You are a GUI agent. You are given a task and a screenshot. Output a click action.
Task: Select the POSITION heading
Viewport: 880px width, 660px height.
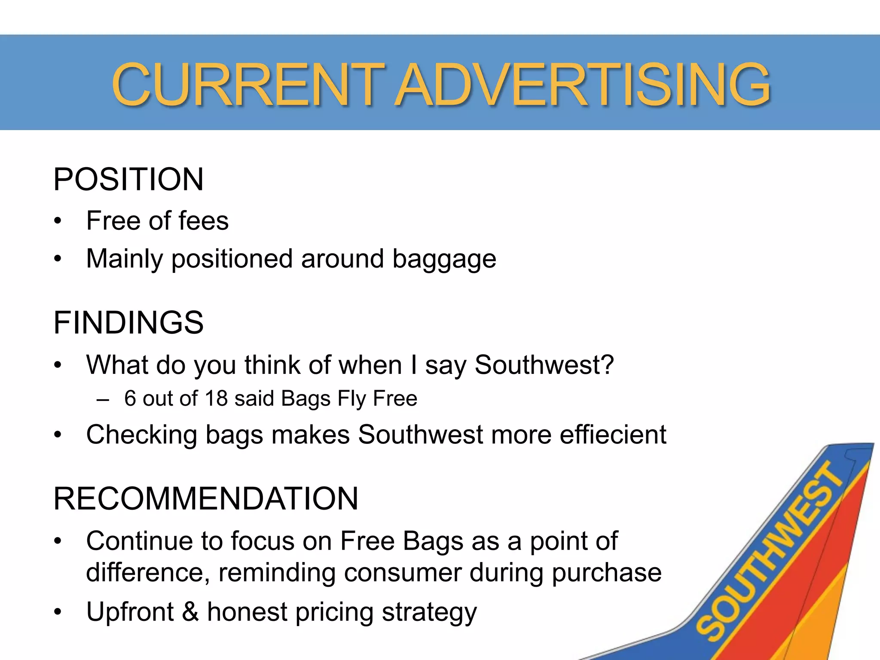[x=128, y=179]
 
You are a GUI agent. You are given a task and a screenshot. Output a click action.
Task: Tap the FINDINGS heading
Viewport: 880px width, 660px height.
[x=128, y=322]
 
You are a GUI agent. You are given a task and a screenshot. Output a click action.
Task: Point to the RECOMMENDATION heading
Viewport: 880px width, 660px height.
[x=205, y=498]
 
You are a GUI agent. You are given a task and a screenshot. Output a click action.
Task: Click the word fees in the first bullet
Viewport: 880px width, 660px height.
[x=203, y=221]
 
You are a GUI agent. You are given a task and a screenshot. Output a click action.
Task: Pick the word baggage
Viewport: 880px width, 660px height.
[x=444, y=259]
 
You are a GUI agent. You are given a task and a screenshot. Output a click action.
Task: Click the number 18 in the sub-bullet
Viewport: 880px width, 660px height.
[x=216, y=398]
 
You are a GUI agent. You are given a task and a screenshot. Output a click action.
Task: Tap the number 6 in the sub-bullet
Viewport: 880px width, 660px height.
[x=130, y=398]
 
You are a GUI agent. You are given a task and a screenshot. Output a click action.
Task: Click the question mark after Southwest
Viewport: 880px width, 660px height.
[x=607, y=365]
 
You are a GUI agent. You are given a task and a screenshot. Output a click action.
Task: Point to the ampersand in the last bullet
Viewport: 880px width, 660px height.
[x=190, y=612]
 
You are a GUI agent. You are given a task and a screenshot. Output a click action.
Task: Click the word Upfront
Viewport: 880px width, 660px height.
[x=130, y=612]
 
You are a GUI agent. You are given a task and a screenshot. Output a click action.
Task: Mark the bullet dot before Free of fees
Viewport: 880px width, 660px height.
[x=58, y=222]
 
